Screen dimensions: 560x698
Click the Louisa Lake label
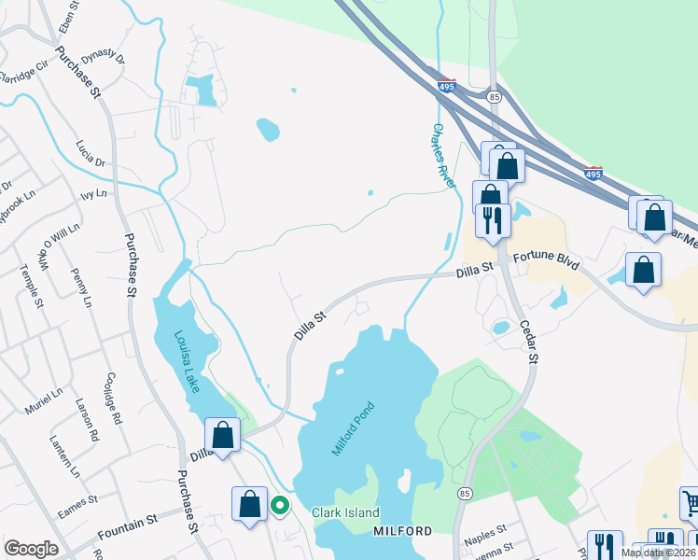coord(186,361)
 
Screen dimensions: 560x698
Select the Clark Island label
coord(345,512)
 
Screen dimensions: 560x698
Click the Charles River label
coord(443,157)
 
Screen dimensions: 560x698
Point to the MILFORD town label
coord(402,531)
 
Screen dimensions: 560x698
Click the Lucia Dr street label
coord(91,155)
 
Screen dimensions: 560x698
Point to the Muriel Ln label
coord(44,407)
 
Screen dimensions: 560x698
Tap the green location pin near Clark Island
coord(279,506)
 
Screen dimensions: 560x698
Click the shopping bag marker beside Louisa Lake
coord(223,434)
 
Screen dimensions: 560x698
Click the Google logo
coord(32,549)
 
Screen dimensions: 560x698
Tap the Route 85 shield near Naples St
coord(464,492)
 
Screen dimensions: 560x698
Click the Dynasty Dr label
coord(102,58)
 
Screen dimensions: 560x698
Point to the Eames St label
coord(77,503)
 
